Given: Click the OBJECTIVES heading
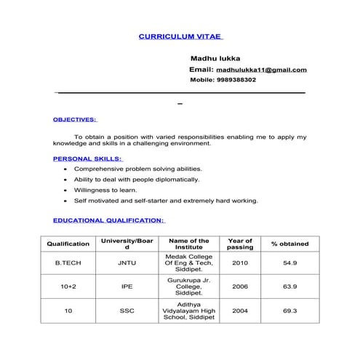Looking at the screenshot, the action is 75,119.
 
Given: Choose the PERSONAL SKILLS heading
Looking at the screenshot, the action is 88,158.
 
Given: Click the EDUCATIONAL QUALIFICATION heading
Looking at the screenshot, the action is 109,220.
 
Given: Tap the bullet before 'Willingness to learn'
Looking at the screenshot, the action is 66,190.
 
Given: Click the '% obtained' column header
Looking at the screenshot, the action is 289,244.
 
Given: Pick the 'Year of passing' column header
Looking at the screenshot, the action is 240,244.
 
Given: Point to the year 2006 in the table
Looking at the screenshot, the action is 240,287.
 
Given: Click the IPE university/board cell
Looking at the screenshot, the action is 127,287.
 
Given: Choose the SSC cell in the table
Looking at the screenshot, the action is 127,311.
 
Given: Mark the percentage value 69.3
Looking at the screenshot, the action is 289,311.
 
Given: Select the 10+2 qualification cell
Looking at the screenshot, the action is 68,287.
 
